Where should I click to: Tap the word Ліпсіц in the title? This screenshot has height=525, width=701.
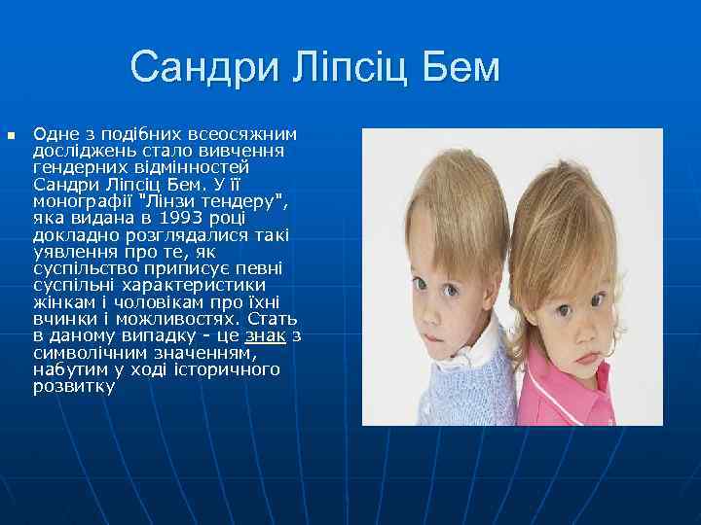pos(350,68)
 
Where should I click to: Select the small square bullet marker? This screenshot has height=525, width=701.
pos(11,136)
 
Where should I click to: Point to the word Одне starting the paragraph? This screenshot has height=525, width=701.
pos(55,133)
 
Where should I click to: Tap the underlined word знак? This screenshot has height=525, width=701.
pos(265,335)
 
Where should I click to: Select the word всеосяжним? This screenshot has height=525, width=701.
pos(247,133)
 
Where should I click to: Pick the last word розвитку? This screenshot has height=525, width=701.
pos(74,386)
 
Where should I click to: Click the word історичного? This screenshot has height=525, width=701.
pos(230,369)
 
